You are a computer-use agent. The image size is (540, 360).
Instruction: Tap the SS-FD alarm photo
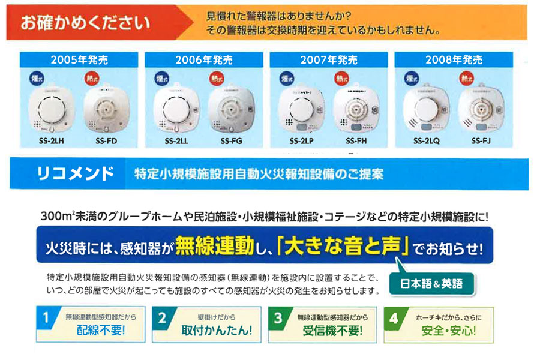pyautogui.click(x=106, y=109)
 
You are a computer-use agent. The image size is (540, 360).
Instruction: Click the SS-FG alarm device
pyautogui.click(x=230, y=109)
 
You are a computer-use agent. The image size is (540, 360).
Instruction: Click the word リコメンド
pyautogui.click(x=75, y=175)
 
